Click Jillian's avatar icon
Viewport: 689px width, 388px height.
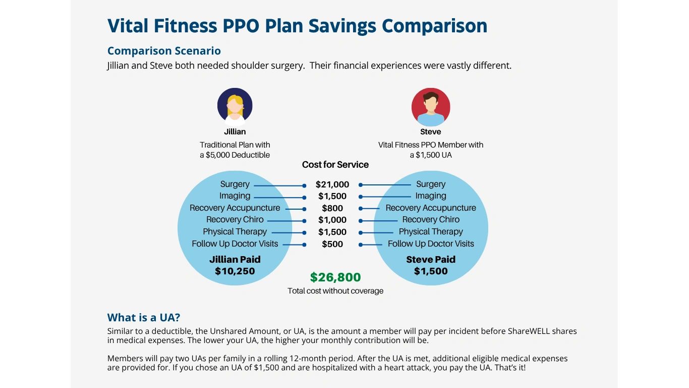click(235, 106)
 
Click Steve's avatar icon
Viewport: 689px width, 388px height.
click(431, 107)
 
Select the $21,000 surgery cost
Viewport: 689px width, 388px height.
click(332, 185)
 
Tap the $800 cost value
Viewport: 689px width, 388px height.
click(332, 208)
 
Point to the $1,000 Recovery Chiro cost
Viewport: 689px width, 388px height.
click(332, 220)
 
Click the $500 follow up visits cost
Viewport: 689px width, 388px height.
click(332, 245)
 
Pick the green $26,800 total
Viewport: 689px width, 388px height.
click(335, 277)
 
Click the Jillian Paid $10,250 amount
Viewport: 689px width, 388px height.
click(235, 271)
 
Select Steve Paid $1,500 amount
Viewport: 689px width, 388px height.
click(431, 271)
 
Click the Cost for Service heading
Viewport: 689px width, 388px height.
click(335, 165)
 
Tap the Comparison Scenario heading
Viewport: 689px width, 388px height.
click(164, 51)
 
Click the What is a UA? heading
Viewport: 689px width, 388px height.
click(144, 318)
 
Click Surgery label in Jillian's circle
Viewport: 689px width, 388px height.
click(235, 184)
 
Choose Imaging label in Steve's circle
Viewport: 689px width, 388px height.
click(431, 196)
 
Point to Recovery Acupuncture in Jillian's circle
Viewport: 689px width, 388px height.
click(235, 208)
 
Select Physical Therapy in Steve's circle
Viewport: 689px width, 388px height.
click(431, 232)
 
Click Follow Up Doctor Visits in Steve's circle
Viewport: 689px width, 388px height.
click(431, 244)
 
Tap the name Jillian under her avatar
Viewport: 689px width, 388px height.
click(235, 132)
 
